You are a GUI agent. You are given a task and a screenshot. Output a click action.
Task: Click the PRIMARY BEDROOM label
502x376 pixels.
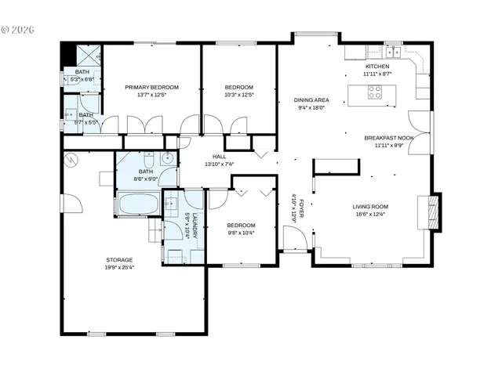click(x=153, y=87)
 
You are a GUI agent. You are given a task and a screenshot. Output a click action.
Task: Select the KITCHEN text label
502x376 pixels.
click(x=377, y=67)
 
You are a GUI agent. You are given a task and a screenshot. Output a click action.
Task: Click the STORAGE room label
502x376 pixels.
click(x=120, y=259)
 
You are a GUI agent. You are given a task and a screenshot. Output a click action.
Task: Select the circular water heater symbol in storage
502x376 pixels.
click(x=73, y=159)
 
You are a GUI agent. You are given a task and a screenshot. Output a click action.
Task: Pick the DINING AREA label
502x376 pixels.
click(x=311, y=100)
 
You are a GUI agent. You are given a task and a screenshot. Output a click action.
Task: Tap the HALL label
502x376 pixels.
click(x=211, y=157)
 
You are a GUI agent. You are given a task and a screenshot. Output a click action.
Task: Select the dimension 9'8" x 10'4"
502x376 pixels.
click(x=241, y=232)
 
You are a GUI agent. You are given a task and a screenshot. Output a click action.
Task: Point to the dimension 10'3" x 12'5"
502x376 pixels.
click(x=239, y=95)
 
